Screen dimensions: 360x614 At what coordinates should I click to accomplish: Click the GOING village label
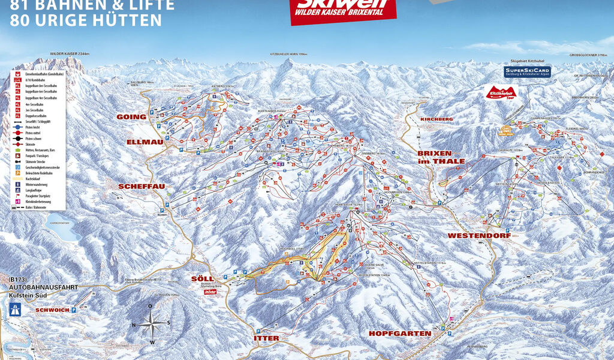click(131, 116)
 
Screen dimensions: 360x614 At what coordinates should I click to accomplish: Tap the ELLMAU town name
click(142, 142)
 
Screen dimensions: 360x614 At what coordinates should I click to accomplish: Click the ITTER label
click(266, 338)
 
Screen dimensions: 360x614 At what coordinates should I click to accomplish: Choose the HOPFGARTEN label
click(400, 333)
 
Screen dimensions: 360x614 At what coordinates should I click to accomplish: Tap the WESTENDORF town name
click(479, 236)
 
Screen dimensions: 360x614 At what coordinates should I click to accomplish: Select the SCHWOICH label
click(52, 310)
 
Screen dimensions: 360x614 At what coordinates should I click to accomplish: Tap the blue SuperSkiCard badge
click(527, 71)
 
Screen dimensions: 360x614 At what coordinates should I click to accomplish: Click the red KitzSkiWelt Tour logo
click(502, 94)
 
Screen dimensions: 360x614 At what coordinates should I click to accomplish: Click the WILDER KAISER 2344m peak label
click(70, 53)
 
